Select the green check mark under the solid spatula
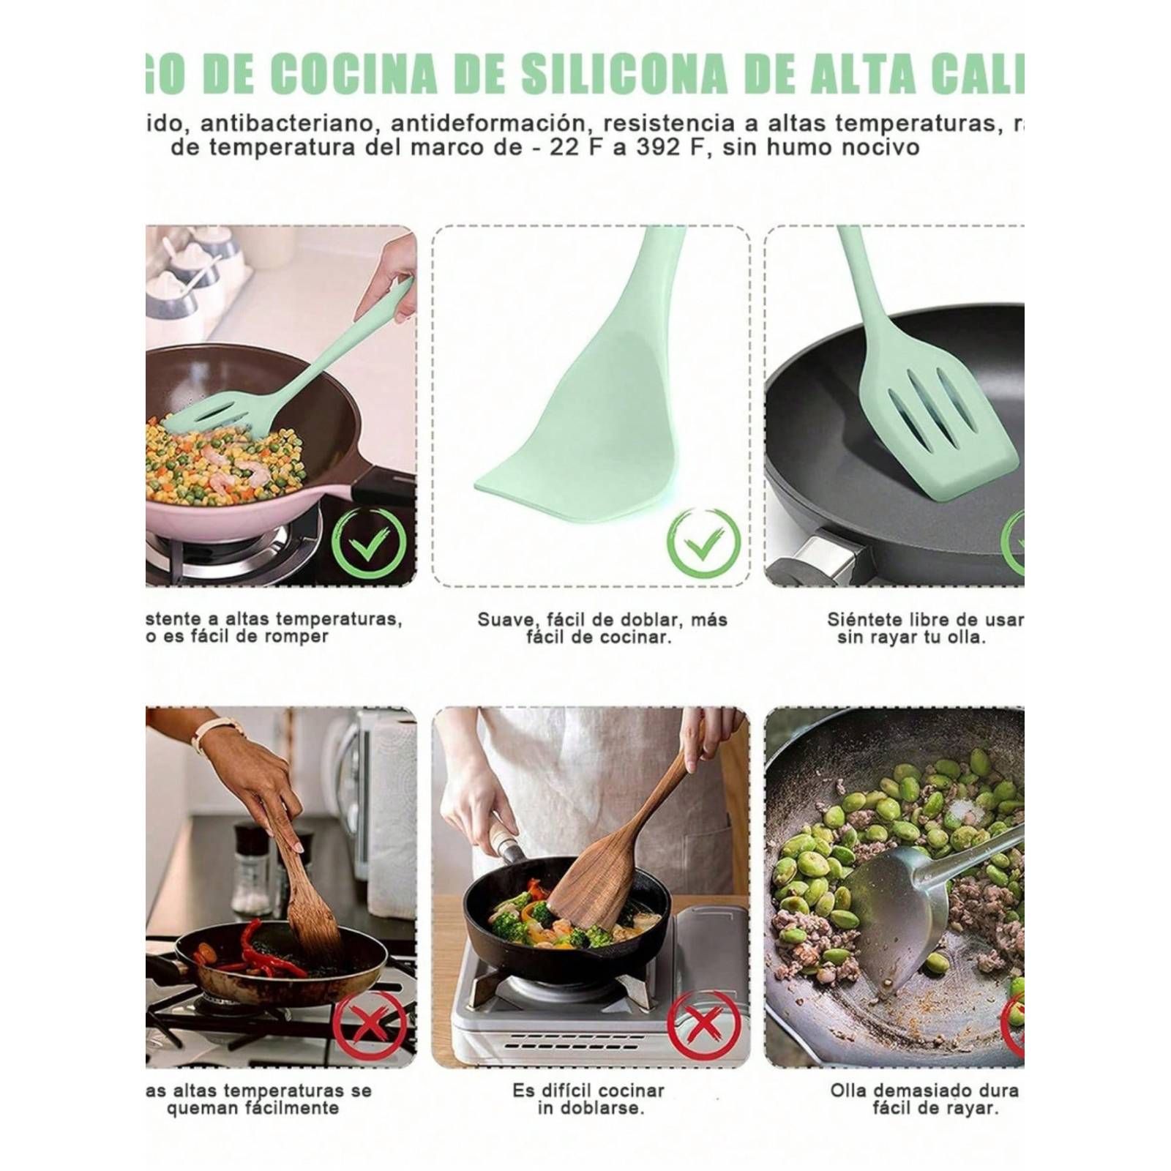(x=703, y=543)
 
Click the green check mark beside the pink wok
(x=370, y=543)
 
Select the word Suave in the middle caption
(x=504, y=620)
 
